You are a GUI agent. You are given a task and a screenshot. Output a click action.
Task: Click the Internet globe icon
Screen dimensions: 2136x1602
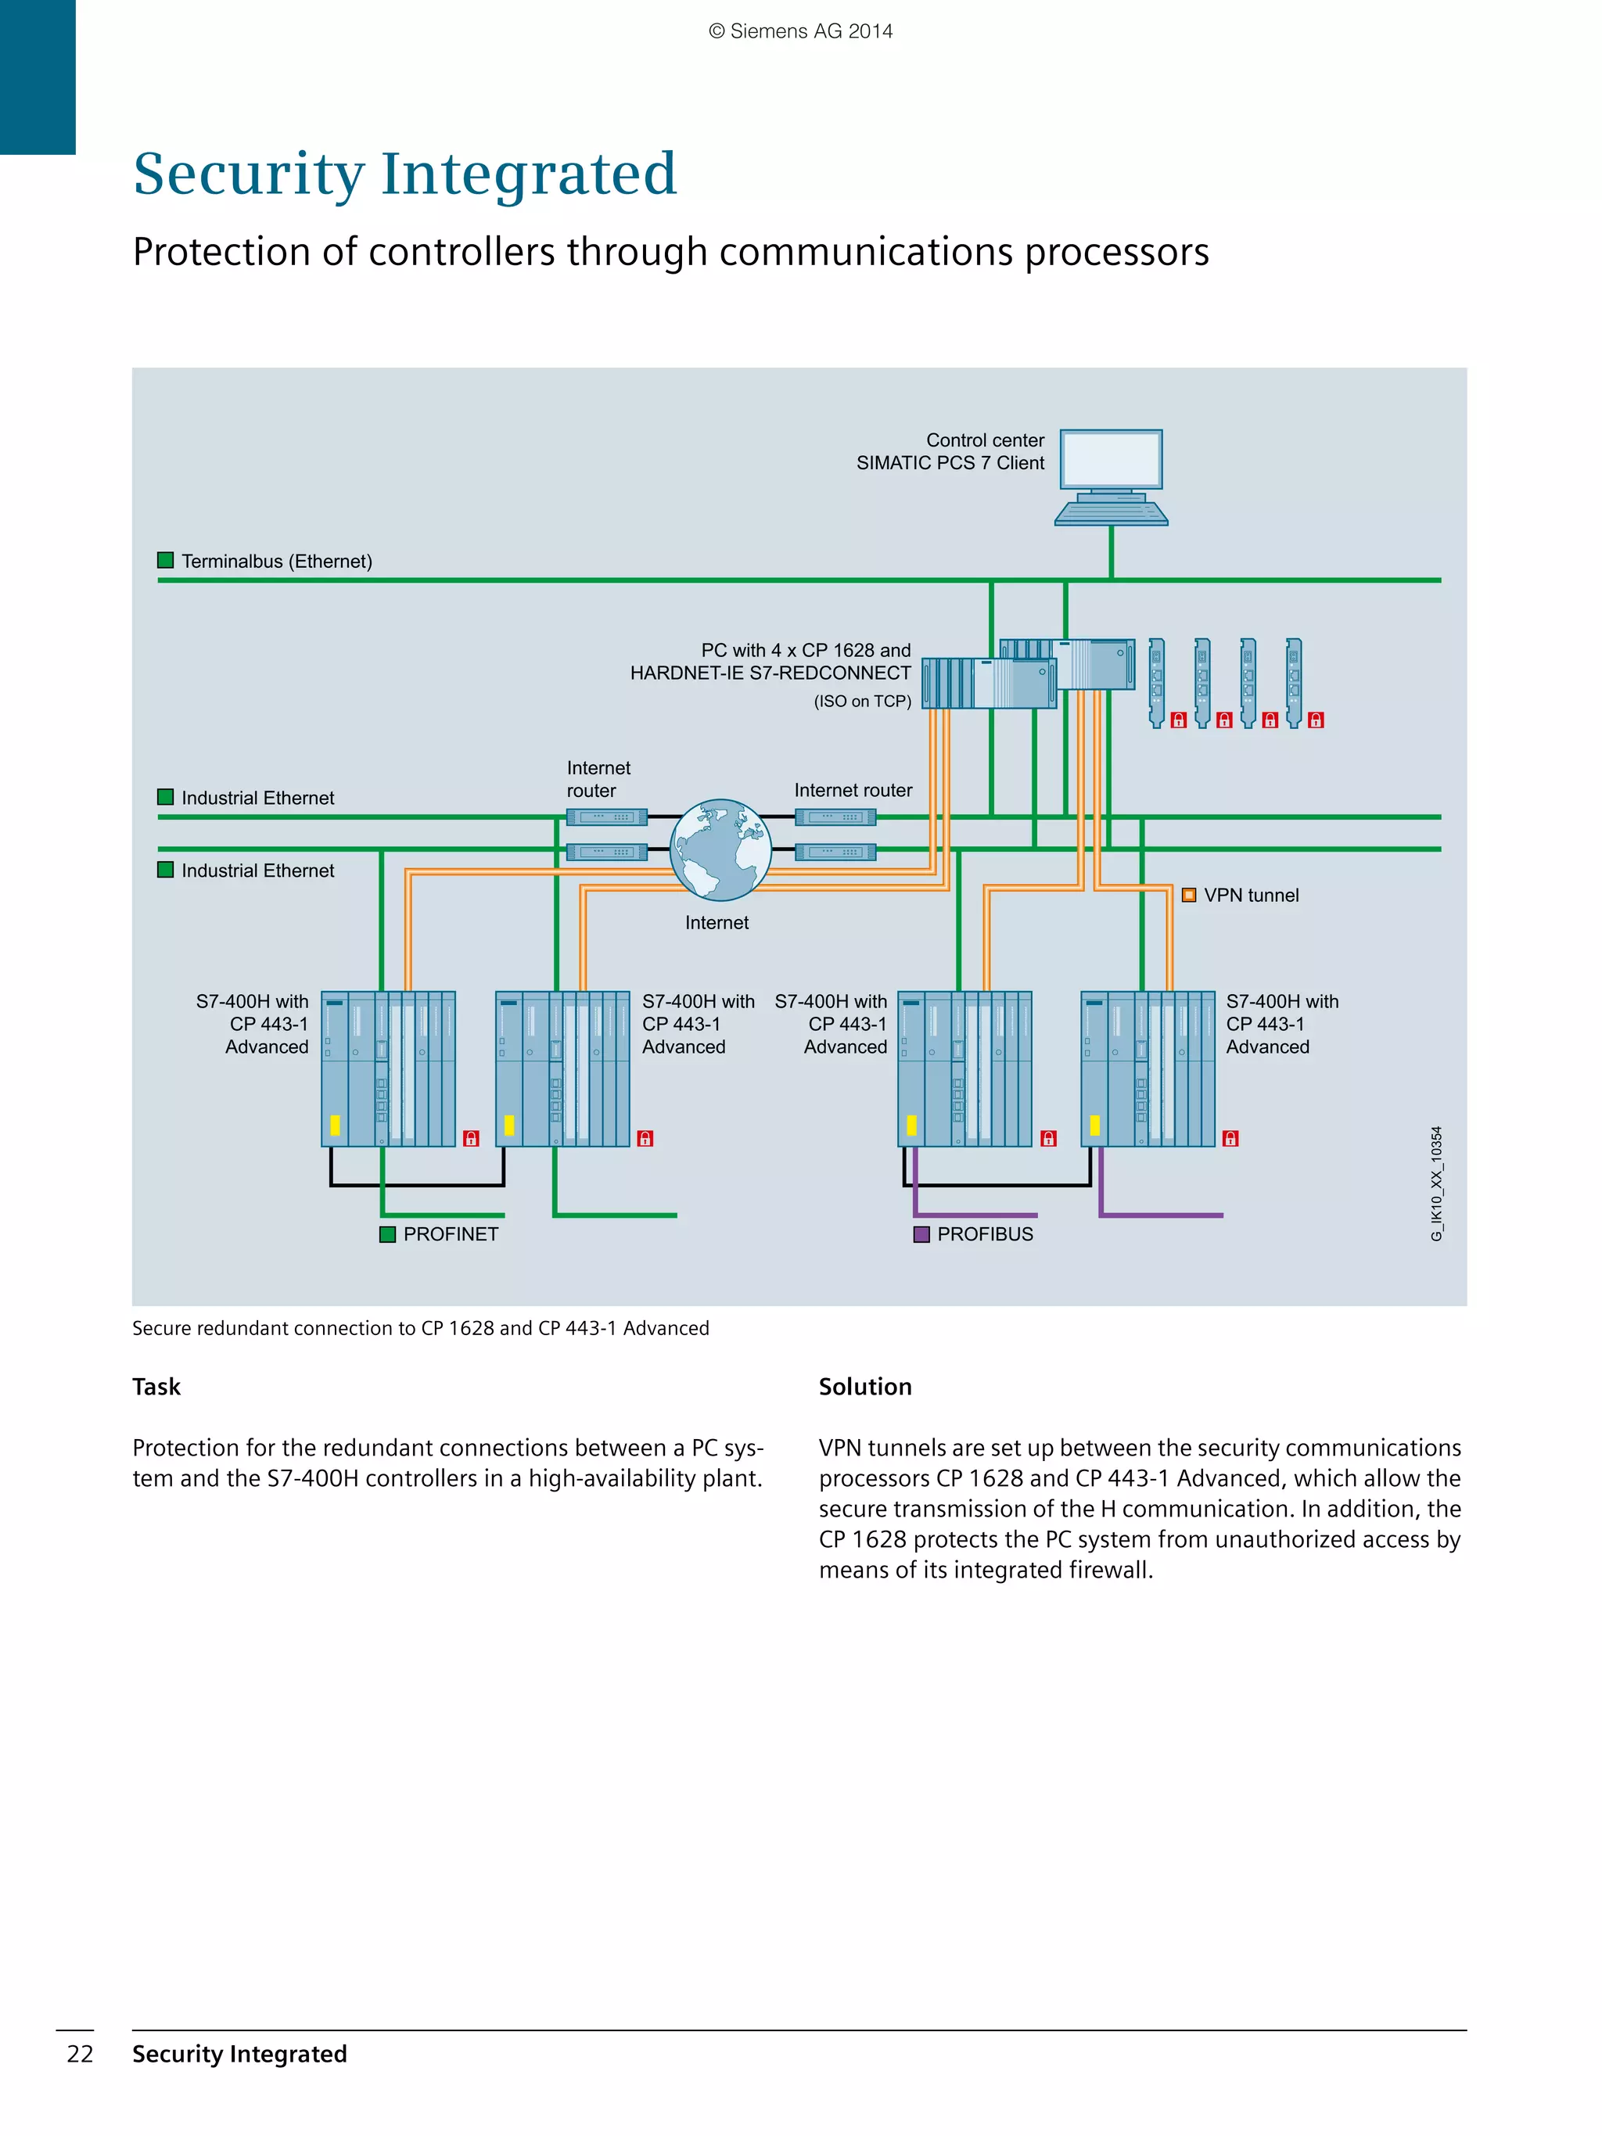(720, 849)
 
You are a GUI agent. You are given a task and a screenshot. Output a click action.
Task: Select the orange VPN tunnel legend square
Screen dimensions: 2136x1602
(1189, 896)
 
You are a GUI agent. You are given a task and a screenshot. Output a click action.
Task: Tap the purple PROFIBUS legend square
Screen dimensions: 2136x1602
(921, 1234)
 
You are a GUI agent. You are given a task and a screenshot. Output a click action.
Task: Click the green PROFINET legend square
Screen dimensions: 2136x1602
(387, 1234)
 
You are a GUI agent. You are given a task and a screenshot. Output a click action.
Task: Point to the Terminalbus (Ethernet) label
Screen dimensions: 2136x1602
(276, 561)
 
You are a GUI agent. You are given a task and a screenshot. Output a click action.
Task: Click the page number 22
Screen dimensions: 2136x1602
(80, 2054)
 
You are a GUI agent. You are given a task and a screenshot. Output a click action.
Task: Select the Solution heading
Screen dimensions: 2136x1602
(864, 1387)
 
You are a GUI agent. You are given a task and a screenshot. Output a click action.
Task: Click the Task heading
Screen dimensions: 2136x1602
(156, 1387)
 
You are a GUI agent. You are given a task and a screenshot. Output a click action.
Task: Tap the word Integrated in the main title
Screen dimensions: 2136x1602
(528, 174)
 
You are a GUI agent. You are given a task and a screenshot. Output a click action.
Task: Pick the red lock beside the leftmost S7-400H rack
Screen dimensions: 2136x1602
(471, 1139)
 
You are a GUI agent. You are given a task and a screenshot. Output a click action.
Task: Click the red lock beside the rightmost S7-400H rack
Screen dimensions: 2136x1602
(1230, 1139)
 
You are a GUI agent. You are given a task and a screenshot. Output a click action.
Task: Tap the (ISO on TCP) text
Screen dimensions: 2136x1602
(862, 701)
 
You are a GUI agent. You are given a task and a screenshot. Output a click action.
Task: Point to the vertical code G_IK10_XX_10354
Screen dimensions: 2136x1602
(1437, 1184)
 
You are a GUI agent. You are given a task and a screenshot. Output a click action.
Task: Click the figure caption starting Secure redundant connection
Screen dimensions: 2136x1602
(420, 1328)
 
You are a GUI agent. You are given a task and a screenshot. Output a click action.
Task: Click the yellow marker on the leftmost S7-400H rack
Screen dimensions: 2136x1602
(335, 1125)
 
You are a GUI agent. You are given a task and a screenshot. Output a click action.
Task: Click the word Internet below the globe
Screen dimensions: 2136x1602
(717, 922)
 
